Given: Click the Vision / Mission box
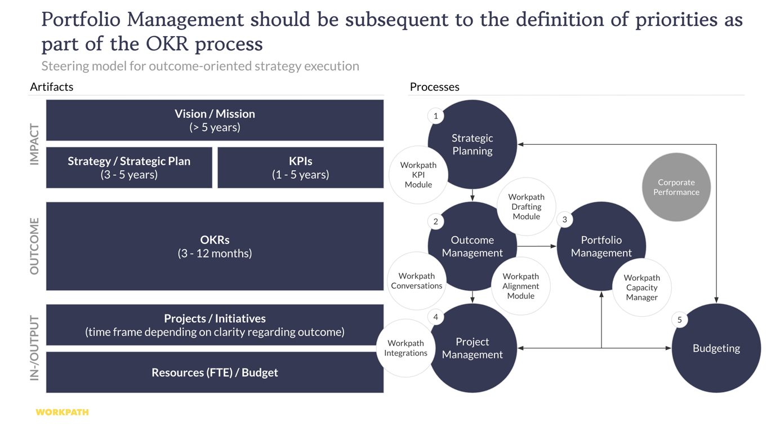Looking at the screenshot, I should (215, 121).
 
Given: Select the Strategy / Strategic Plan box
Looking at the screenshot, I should (129, 168).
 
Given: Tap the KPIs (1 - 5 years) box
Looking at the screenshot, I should (300, 168).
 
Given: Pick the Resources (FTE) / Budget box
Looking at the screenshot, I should (215, 373).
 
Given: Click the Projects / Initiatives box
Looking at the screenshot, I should (215, 325).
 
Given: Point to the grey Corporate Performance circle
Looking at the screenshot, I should (676, 187).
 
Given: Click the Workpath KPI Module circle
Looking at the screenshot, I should (418, 175).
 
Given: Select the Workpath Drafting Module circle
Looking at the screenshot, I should (526, 206).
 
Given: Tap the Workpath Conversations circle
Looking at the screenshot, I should (416, 281).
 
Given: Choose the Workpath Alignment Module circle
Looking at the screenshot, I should (520, 286).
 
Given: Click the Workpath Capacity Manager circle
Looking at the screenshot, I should (641, 287).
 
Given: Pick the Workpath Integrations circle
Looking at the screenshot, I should (405, 348).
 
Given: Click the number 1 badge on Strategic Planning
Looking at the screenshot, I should (435, 116).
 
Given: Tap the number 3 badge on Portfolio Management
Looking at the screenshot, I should (564, 220).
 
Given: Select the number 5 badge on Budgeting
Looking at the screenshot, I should (680, 320).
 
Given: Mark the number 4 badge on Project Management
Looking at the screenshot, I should (435, 317).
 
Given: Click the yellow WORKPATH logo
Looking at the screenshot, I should (62, 413).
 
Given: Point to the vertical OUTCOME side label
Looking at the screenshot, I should (34, 246).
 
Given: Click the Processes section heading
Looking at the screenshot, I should (434, 87).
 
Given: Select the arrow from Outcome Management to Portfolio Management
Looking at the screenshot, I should (537, 246).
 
